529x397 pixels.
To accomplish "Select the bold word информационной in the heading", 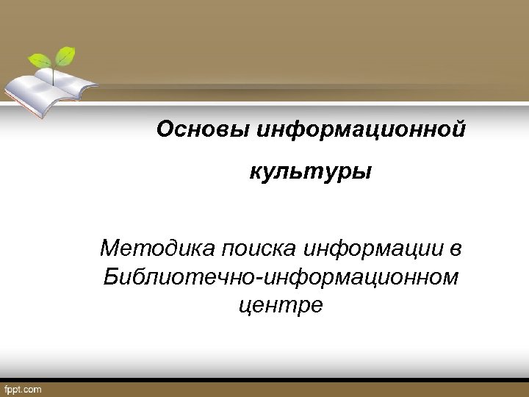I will pos(359,130).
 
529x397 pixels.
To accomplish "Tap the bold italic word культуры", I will pos(310,174).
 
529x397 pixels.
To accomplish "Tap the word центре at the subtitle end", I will pos(281,305).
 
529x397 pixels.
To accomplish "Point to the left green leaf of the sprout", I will pos(40,60).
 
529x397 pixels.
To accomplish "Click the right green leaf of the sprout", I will pos(67,54).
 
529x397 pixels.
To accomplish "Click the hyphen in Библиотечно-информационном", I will pos(266,278).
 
